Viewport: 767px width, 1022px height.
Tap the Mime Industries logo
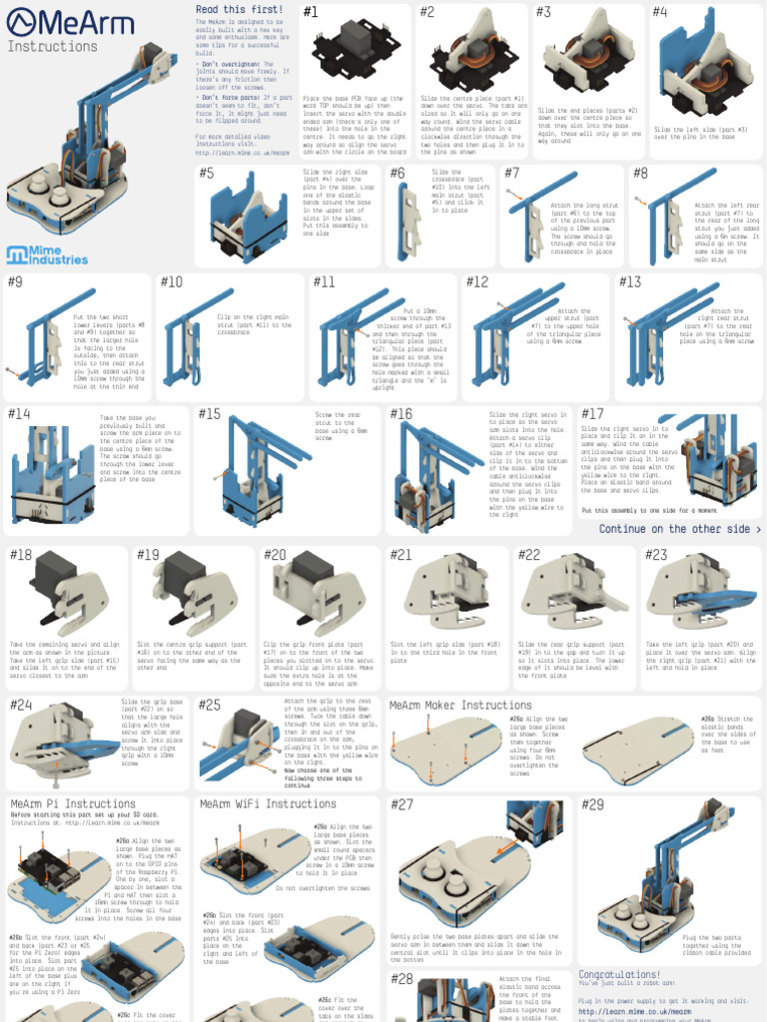[x=47, y=255]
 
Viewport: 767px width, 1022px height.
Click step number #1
[x=311, y=12]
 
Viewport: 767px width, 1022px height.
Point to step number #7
[x=512, y=173]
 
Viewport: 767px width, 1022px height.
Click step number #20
[x=275, y=555]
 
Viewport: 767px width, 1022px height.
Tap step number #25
[x=210, y=705]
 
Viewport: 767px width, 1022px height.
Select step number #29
[x=592, y=804]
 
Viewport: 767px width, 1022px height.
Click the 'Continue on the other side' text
[x=680, y=529]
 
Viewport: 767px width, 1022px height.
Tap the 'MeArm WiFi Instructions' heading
[x=254, y=803]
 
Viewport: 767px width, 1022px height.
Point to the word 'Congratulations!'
[x=619, y=974]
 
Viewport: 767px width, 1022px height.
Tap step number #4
[x=660, y=12]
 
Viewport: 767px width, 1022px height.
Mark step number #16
[x=400, y=414]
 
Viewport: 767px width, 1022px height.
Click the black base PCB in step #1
[x=355, y=55]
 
